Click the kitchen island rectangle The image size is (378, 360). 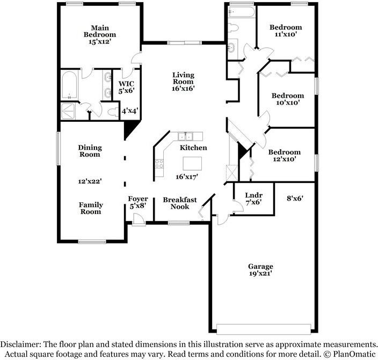193,163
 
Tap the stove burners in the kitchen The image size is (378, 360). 159,164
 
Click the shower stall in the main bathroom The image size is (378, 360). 69,111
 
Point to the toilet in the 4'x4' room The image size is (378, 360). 112,112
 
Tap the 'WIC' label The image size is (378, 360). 126,83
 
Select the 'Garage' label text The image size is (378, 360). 260,266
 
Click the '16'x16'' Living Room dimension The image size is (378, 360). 183,89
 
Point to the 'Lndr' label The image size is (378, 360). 253,195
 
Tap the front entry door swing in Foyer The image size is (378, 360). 138,219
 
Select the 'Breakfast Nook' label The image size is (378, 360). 180,203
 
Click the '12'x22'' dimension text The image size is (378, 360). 90,181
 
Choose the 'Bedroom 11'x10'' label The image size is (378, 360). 285,31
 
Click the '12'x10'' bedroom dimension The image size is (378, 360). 285,159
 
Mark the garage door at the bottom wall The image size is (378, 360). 264,328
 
